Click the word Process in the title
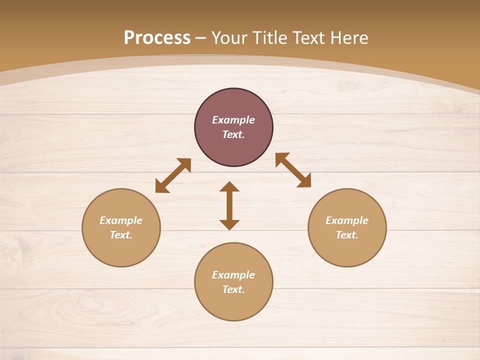tap(157, 38)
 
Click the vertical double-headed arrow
tap(229, 206)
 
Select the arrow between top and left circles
tap(173, 175)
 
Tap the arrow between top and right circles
tap(293, 170)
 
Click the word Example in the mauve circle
tap(233, 120)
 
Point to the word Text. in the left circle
tap(121, 235)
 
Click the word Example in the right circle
tap(347, 220)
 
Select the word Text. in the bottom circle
tap(233, 289)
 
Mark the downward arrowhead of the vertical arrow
tap(229, 224)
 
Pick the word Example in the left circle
tap(121, 220)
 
